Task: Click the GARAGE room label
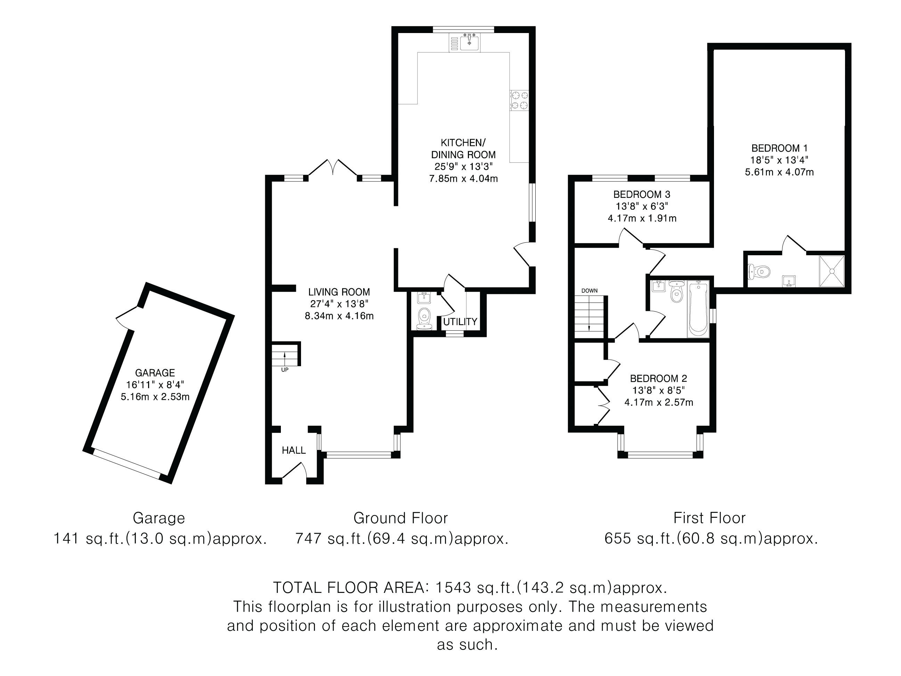coord(155,373)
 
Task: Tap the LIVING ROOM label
coord(339,292)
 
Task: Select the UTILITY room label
coord(460,322)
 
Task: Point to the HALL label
coord(294,450)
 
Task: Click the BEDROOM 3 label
coord(642,194)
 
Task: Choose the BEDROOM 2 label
coord(659,379)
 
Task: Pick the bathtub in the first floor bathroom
coord(698,308)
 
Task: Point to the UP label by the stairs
coord(285,370)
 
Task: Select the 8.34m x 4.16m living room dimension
coord(339,316)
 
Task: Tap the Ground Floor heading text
coord(400,518)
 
